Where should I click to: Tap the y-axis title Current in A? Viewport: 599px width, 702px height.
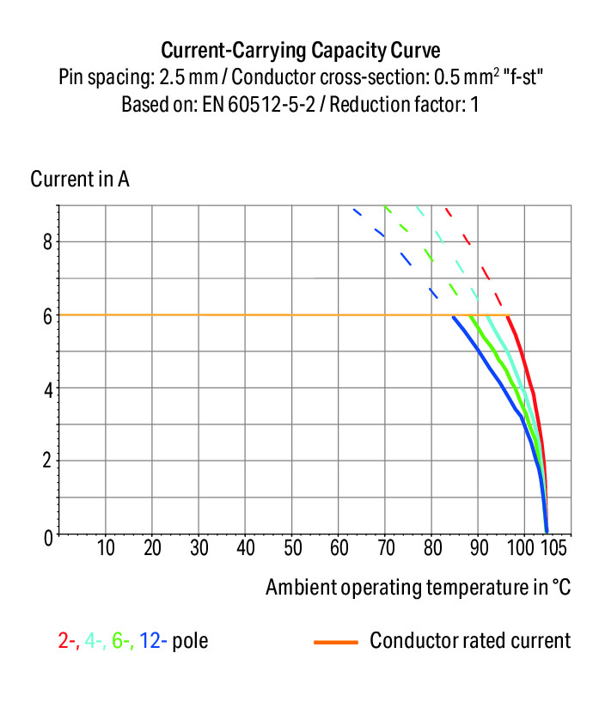point(80,180)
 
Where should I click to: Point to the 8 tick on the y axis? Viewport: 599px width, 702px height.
point(48,241)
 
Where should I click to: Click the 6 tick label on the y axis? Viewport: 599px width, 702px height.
point(48,315)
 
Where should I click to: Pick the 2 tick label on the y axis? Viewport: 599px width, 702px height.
point(48,461)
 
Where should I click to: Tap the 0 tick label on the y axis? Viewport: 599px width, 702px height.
point(48,535)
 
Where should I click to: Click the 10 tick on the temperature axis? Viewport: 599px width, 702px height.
point(106,547)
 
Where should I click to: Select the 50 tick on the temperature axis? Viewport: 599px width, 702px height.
point(292,547)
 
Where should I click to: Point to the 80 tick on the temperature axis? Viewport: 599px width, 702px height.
point(432,547)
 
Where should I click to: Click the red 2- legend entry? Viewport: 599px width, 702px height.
point(68,641)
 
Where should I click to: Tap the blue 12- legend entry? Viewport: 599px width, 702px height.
point(153,641)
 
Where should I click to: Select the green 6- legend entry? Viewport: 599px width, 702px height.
point(121,641)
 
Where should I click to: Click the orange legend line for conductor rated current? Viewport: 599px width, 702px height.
point(336,641)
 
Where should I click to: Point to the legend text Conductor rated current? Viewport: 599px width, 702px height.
point(470,641)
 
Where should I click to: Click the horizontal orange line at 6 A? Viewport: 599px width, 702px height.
point(258,315)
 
